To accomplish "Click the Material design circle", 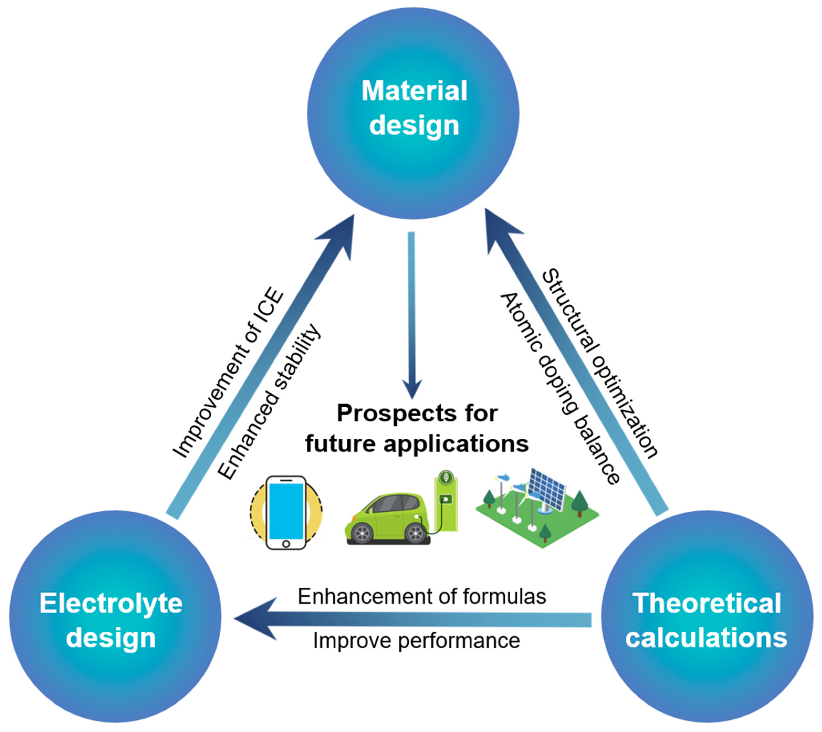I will (413, 113).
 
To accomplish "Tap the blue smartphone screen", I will (286, 511).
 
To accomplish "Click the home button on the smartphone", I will (286, 544).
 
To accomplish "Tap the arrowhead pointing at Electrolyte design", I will (254, 619).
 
